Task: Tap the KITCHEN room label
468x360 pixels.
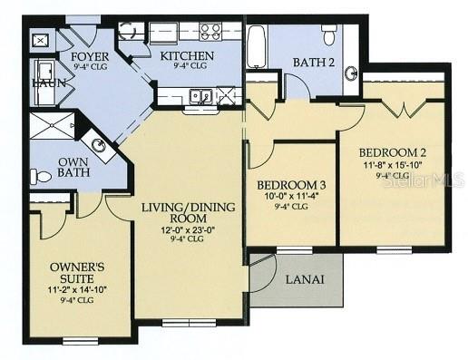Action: coord(187,57)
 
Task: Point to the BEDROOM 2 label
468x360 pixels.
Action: coord(392,152)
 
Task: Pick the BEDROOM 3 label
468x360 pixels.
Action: coord(292,186)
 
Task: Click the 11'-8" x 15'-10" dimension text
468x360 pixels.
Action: coord(392,165)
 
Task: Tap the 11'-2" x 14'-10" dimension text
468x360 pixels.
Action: coord(78,288)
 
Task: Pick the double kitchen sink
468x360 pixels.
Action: coord(201,95)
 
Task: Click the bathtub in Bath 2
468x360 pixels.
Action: coord(257,47)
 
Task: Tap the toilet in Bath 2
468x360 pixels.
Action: coord(329,35)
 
